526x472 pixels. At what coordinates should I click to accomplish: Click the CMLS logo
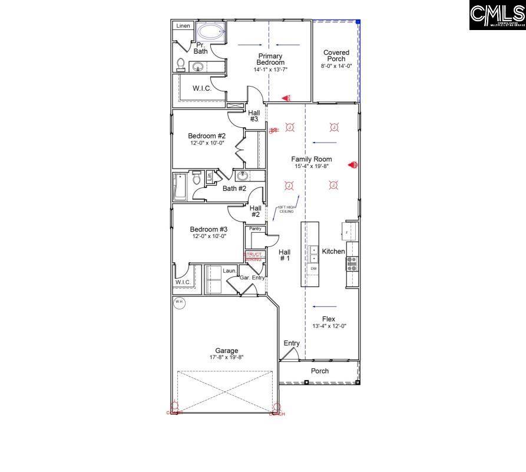pos(497,15)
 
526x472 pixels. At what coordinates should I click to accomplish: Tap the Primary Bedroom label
pos(270,59)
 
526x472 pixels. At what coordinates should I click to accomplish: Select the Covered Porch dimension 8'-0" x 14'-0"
pos(336,67)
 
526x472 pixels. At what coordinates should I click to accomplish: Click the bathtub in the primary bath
pos(210,31)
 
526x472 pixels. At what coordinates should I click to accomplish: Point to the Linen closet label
pos(183,26)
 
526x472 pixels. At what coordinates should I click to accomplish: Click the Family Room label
pos(312,159)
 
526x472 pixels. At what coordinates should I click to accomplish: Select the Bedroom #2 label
pos(207,136)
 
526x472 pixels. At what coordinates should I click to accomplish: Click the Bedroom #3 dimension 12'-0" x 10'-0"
pos(208,236)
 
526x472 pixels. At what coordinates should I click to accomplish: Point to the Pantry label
pos(255,229)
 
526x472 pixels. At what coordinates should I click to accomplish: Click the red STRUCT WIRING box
pos(253,256)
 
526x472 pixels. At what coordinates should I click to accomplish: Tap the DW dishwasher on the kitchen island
pos(313,269)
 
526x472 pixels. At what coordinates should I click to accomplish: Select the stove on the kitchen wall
pos(352,264)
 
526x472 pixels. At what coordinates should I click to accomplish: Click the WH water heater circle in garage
pos(179,302)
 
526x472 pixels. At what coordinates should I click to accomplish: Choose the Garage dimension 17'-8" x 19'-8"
pos(226,357)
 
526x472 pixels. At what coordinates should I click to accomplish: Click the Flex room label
pos(328,318)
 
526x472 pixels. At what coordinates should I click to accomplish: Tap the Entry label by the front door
pos(292,343)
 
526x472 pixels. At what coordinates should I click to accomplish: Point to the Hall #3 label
pos(254,115)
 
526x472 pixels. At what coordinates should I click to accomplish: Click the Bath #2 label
pos(234,189)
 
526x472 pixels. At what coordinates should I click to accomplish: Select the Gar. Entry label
pos(252,277)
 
